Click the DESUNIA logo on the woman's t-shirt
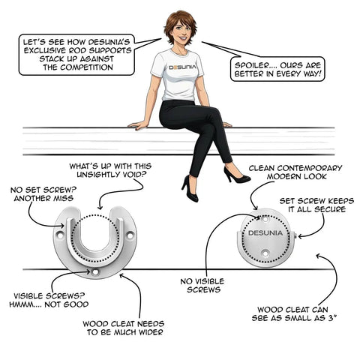[x=182, y=67]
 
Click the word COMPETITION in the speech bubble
[x=86, y=67]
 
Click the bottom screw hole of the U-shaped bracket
[x=95, y=271]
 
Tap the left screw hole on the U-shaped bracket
[x=59, y=235]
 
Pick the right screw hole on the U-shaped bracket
[x=130, y=235]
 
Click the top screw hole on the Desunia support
[x=265, y=219]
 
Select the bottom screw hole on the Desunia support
[x=265, y=253]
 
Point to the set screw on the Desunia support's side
[x=295, y=235]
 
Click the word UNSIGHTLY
[x=96, y=175]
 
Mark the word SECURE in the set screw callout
[x=331, y=209]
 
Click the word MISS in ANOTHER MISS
[x=63, y=199]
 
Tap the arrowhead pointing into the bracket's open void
[x=100, y=207]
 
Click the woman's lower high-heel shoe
[x=190, y=189]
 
